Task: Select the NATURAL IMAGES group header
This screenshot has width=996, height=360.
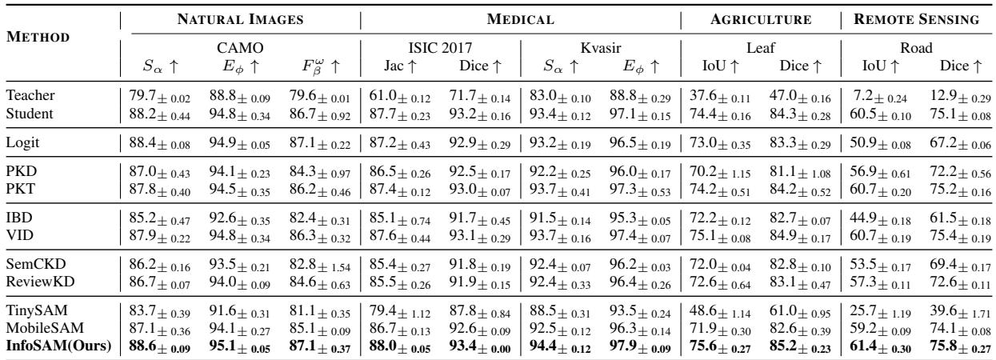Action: pos(240,16)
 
